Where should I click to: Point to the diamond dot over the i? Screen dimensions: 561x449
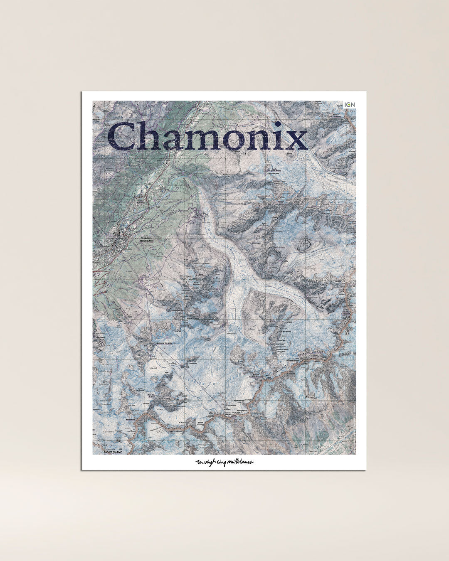point(278,124)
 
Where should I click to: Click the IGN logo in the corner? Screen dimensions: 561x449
point(350,104)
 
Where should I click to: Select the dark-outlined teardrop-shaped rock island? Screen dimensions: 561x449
point(306,240)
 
